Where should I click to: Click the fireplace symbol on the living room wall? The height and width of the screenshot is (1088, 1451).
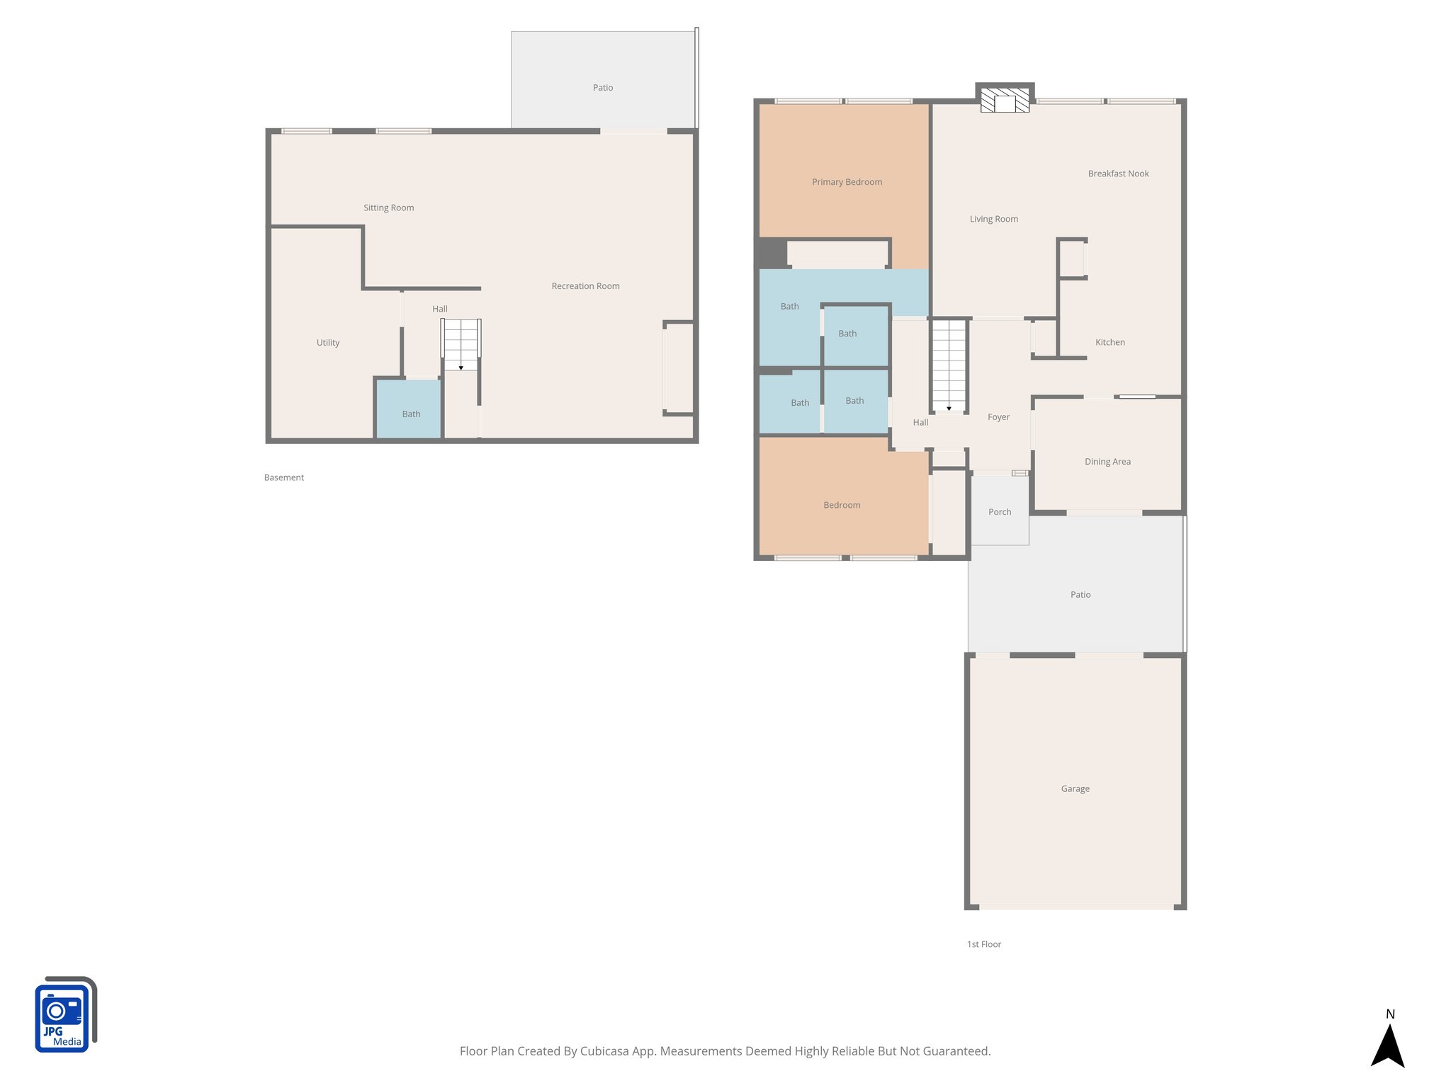(1005, 101)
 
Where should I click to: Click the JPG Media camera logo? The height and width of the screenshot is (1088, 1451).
(64, 1015)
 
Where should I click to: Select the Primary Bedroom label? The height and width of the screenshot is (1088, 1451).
(847, 182)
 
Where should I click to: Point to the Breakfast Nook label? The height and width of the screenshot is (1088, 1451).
(1118, 174)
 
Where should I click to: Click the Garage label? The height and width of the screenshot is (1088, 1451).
(1075, 788)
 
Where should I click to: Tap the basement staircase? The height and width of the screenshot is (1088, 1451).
(461, 344)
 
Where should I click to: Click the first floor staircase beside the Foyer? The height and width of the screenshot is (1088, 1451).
(949, 365)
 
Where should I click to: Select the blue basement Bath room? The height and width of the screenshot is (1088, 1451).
(409, 409)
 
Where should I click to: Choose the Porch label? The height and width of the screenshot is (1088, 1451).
(1000, 512)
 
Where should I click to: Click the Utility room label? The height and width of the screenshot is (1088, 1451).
(327, 343)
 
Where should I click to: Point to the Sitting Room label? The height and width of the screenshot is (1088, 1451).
(388, 208)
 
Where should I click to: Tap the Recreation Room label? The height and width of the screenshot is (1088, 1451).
(585, 286)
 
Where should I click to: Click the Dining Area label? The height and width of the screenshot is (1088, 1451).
(1107, 462)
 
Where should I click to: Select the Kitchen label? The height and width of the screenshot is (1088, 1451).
(1110, 342)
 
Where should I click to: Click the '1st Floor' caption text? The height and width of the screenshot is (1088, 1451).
(984, 944)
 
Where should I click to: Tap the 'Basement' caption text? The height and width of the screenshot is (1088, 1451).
(283, 477)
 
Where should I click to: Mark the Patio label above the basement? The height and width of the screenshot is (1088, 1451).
(603, 88)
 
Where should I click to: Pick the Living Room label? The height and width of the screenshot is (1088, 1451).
(993, 219)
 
